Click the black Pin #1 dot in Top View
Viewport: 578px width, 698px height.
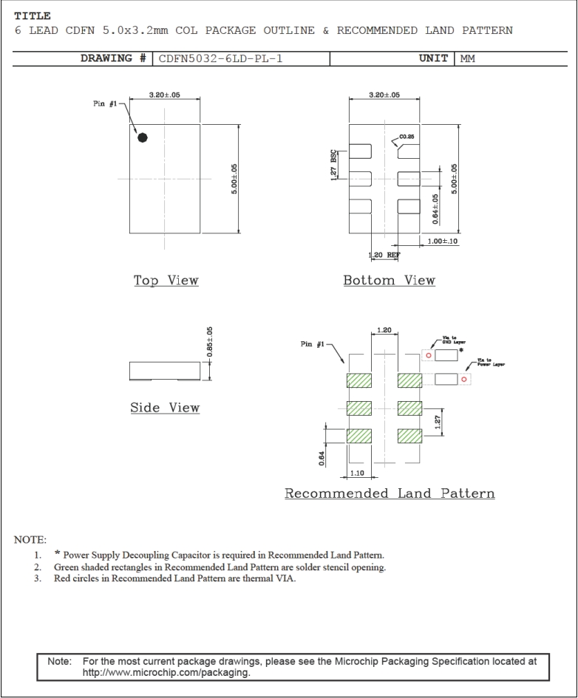point(143,137)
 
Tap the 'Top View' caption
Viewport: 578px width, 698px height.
point(166,281)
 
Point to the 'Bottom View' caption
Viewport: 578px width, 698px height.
point(389,281)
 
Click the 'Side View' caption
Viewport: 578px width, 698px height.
point(165,408)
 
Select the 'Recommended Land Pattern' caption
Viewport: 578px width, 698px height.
point(390,493)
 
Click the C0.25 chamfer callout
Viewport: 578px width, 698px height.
point(407,137)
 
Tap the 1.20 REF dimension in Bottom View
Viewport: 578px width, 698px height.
point(384,255)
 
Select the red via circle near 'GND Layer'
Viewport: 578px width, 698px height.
point(428,355)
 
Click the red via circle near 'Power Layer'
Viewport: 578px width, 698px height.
point(463,380)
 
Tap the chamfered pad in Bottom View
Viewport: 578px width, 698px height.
point(409,151)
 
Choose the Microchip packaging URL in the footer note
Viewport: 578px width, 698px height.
point(166,673)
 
